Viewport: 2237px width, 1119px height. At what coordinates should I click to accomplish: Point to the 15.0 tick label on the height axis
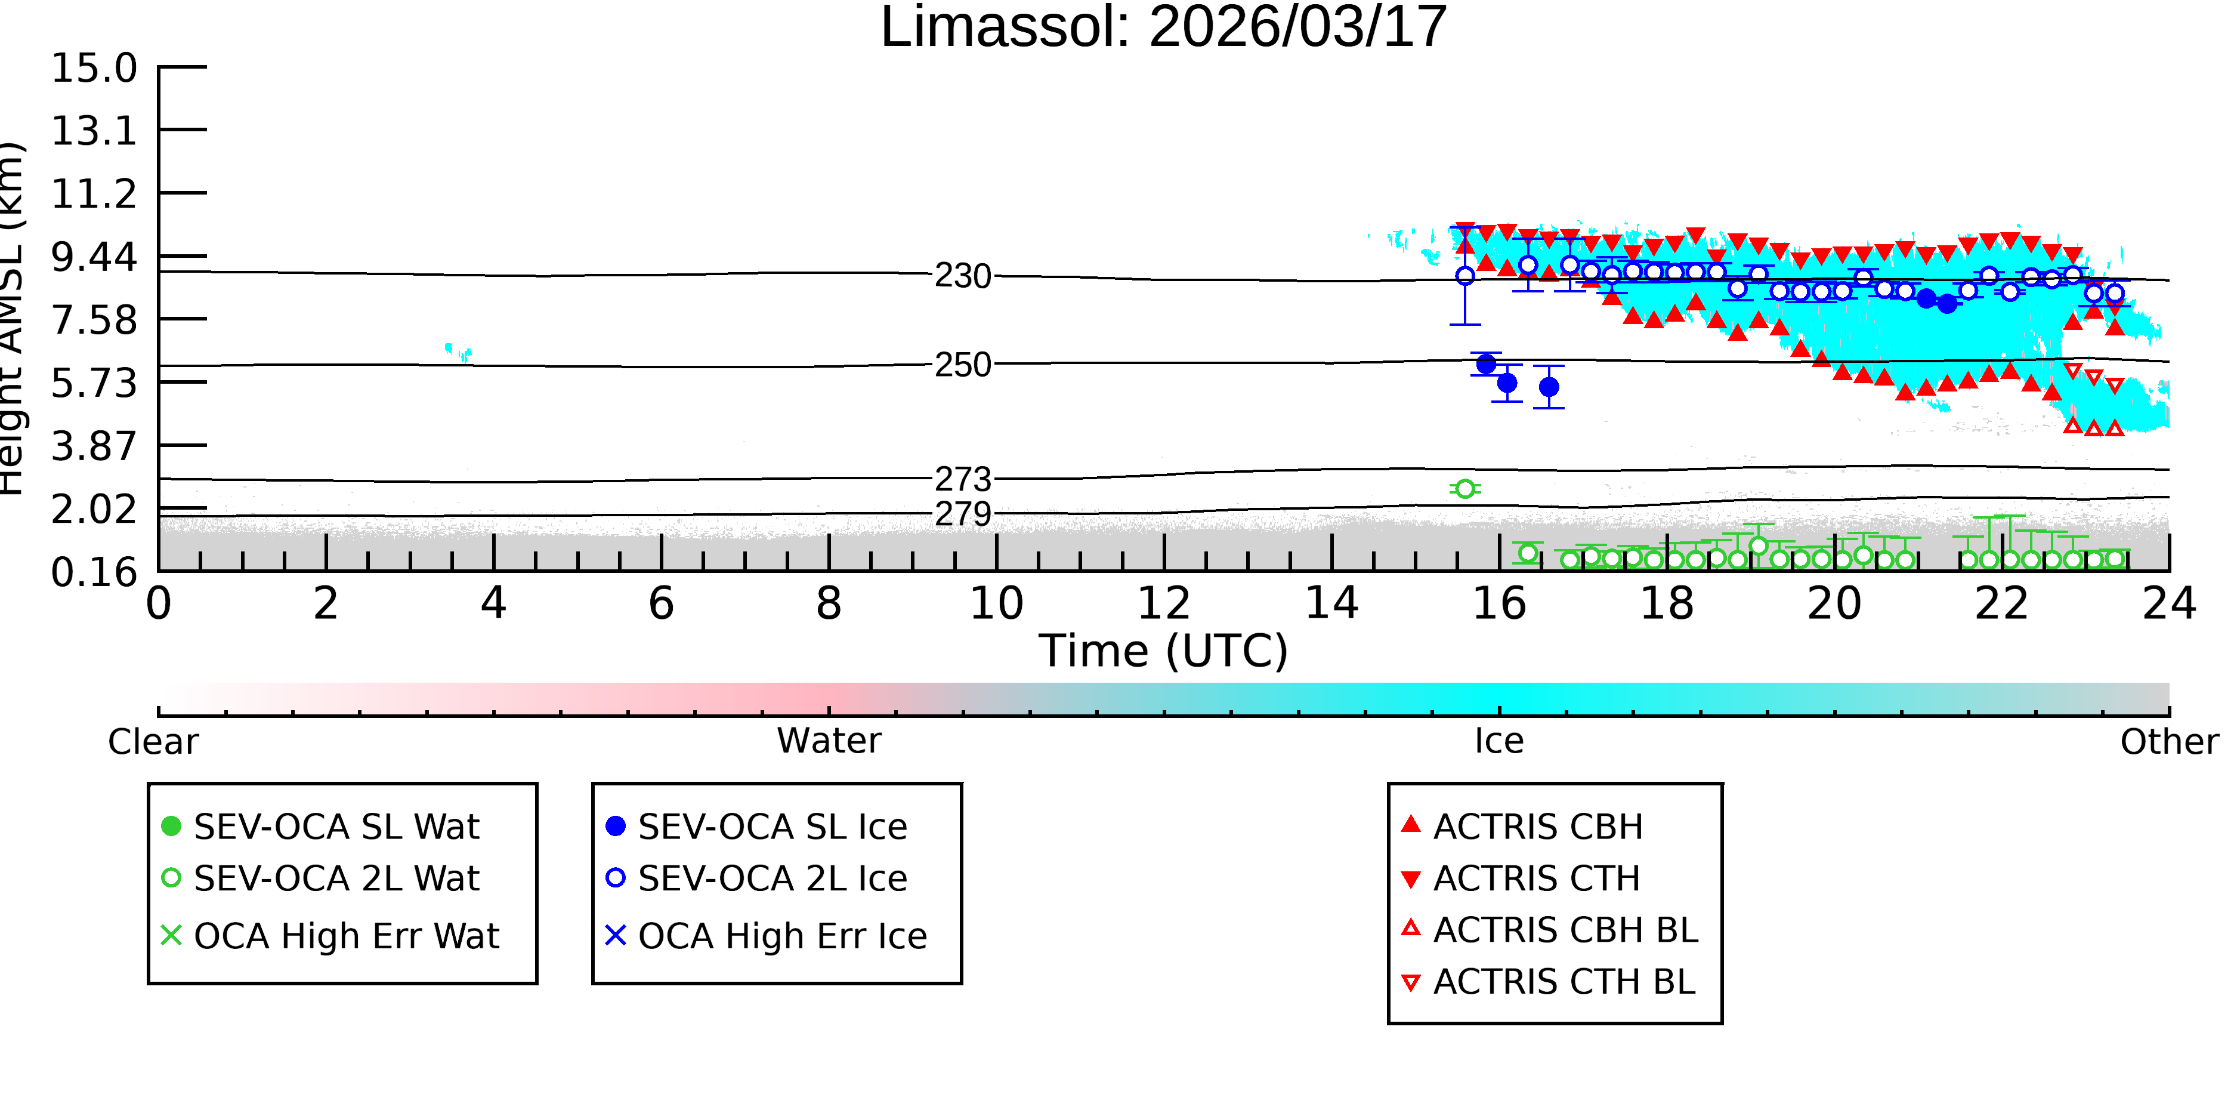tap(94, 68)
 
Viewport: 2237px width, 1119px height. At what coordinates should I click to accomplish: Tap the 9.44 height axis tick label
tap(94, 257)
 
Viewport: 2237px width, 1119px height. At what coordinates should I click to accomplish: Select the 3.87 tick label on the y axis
tap(94, 446)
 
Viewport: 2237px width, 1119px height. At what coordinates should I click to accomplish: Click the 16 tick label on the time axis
tap(1499, 603)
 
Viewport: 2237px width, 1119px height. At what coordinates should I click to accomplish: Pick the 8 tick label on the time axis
tap(829, 603)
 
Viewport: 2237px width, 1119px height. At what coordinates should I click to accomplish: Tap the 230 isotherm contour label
tap(963, 276)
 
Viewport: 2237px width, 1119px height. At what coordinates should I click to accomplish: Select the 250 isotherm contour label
tap(963, 365)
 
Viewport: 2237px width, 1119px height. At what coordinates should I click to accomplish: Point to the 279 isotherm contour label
tap(963, 514)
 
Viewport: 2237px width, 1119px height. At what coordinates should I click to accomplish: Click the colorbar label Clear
tap(153, 742)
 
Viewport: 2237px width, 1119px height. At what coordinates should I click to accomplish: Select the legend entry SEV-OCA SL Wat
tap(322, 826)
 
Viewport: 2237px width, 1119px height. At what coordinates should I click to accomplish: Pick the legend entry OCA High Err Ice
tap(767, 936)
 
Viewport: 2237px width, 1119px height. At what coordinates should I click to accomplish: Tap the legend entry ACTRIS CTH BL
tap(1549, 982)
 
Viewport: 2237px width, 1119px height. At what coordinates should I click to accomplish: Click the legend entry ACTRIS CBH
tap(1522, 826)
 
